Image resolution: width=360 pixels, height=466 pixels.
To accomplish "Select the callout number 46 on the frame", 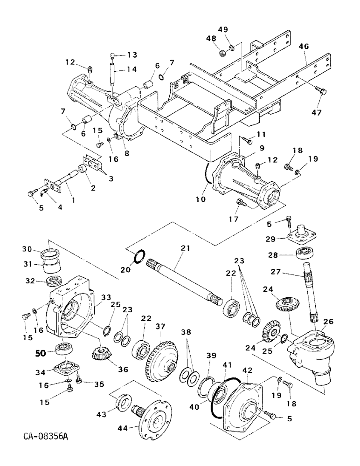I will coord(304,47).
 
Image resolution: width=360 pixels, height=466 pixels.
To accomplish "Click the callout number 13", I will coord(132,55).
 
